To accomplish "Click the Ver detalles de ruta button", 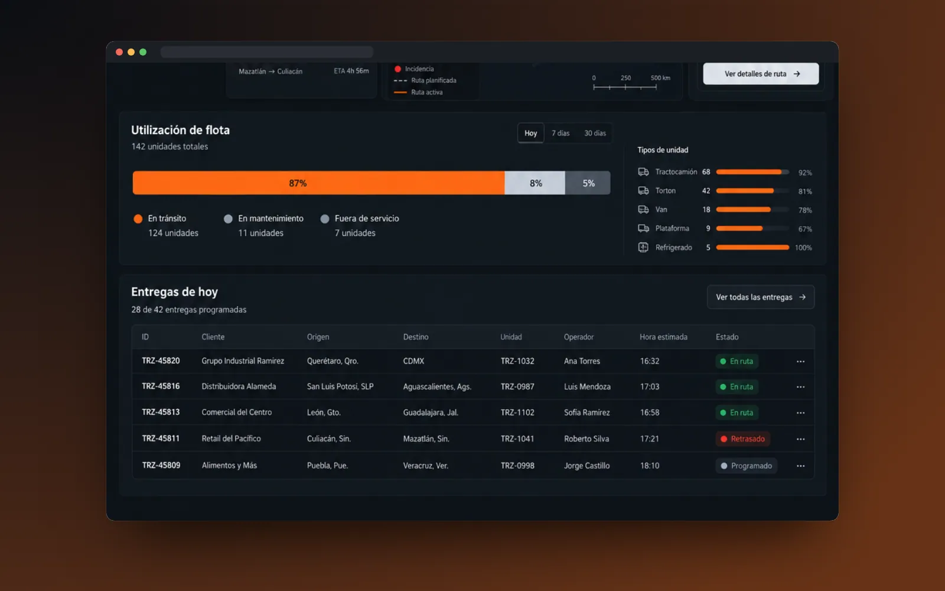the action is [x=761, y=74].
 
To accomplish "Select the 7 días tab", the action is [x=561, y=134].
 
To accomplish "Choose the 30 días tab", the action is [x=595, y=134].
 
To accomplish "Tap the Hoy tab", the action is [x=531, y=134].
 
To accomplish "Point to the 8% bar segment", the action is [x=535, y=183].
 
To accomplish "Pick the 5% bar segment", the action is [x=588, y=183].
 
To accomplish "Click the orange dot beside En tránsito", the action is [x=138, y=219].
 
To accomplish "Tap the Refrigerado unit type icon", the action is [x=643, y=248].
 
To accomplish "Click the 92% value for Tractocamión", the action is [x=805, y=173].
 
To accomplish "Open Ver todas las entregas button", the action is [x=761, y=297].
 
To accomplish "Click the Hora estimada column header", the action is [x=663, y=337].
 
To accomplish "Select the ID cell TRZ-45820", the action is [x=161, y=361].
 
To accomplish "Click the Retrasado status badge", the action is [x=743, y=439].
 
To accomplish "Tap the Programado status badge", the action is [x=747, y=466].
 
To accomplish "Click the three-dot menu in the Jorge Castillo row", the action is [x=800, y=466].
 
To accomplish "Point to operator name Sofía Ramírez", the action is [x=587, y=413].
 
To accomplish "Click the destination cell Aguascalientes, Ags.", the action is [x=437, y=387].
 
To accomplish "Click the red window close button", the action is [x=119, y=52].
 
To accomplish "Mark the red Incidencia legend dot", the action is [x=397, y=69].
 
